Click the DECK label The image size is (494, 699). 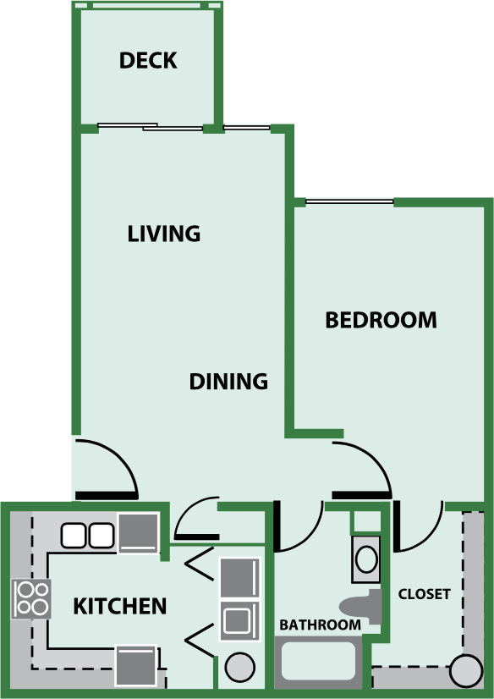(x=148, y=61)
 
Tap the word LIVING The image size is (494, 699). (x=164, y=234)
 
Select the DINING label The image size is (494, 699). (x=228, y=382)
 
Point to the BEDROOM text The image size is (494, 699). (x=381, y=321)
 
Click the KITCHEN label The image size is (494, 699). (x=119, y=606)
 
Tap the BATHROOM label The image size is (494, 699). (x=321, y=625)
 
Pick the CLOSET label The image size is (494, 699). (x=425, y=594)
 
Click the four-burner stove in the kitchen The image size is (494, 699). (x=31, y=598)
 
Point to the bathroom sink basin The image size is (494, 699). (x=367, y=559)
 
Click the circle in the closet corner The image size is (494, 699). (x=465, y=671)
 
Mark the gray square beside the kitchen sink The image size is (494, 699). (x=138, y=533)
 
